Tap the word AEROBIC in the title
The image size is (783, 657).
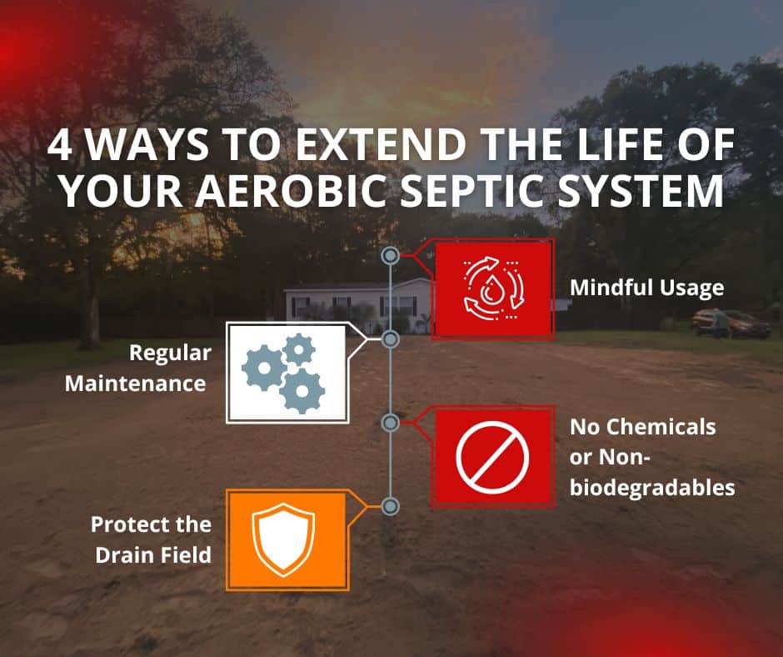coord(290,191)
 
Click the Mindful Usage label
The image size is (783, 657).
coord(646,288)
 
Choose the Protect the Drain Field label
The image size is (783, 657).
coord(152,539)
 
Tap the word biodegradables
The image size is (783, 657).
coord(652,488)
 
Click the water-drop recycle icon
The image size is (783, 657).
coord(493,289)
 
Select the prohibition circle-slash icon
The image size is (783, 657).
coord(492,456)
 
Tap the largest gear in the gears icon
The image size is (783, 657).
coord(302,391)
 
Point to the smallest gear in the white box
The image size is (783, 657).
coord(298,349)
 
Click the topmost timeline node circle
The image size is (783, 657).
coord(391,256)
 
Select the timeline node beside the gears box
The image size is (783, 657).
coord(391,339)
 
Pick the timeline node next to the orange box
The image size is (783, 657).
coord(391,506)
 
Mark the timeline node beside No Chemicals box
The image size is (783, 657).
coord(391,423)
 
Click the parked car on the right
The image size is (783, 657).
coord(731,323)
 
